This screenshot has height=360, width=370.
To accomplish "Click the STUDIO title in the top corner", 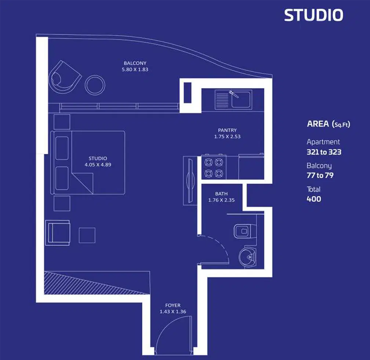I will coord(313,15).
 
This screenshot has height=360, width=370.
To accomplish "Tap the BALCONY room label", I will coord(135,63).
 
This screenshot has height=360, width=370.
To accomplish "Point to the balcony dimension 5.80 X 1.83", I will coord(135,69).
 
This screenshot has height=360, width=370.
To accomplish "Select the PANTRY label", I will coord(227,130).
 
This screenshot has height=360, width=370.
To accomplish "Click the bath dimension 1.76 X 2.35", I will coord(221,200).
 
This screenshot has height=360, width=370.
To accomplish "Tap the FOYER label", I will coord(173,305).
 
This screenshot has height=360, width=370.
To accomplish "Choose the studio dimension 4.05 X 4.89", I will coord(98,165).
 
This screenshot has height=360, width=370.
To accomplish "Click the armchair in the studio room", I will coord(57,233).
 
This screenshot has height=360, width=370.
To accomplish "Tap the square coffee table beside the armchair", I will coord(87,235).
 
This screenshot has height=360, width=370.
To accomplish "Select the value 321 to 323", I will coord(324,152).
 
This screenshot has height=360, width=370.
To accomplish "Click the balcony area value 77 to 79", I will coord(320,175).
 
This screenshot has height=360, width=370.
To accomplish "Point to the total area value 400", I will coord(314,199).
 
